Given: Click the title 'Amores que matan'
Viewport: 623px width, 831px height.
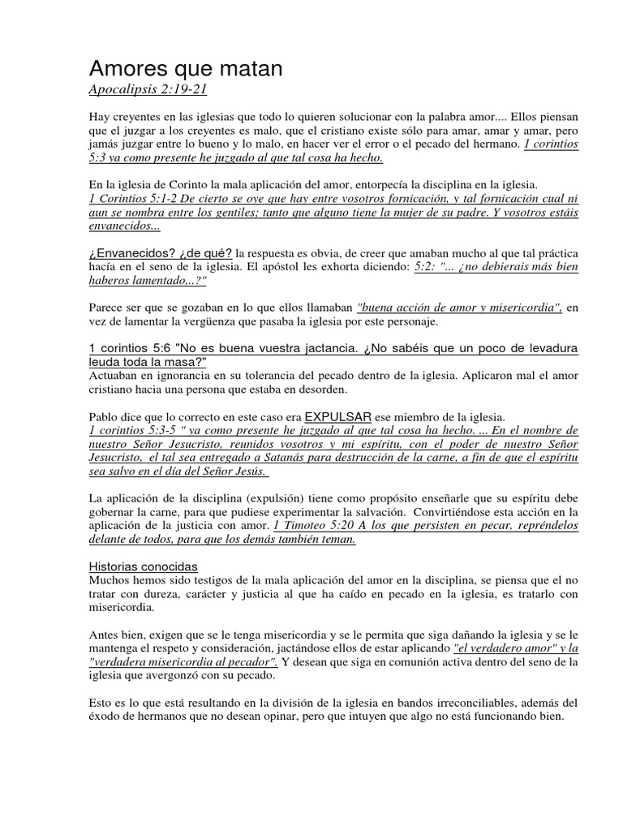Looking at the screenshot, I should point(185,70).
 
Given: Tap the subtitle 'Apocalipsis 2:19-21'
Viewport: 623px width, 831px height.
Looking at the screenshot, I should point(153,88).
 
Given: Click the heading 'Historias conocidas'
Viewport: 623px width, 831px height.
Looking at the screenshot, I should point(143,566).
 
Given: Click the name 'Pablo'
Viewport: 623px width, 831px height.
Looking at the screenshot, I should point(105,416).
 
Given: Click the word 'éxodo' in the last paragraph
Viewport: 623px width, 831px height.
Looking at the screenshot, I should point(105,717).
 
